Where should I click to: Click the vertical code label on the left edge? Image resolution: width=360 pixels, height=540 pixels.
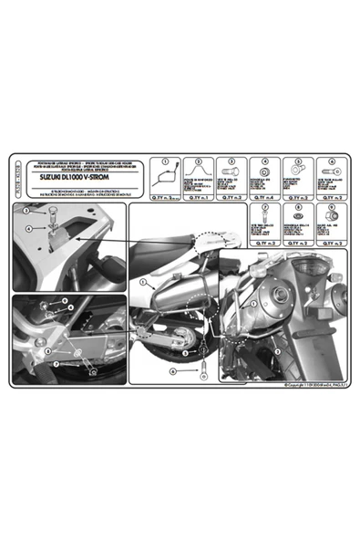[19, 172]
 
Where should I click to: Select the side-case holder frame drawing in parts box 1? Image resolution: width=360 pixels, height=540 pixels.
[167, 176]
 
